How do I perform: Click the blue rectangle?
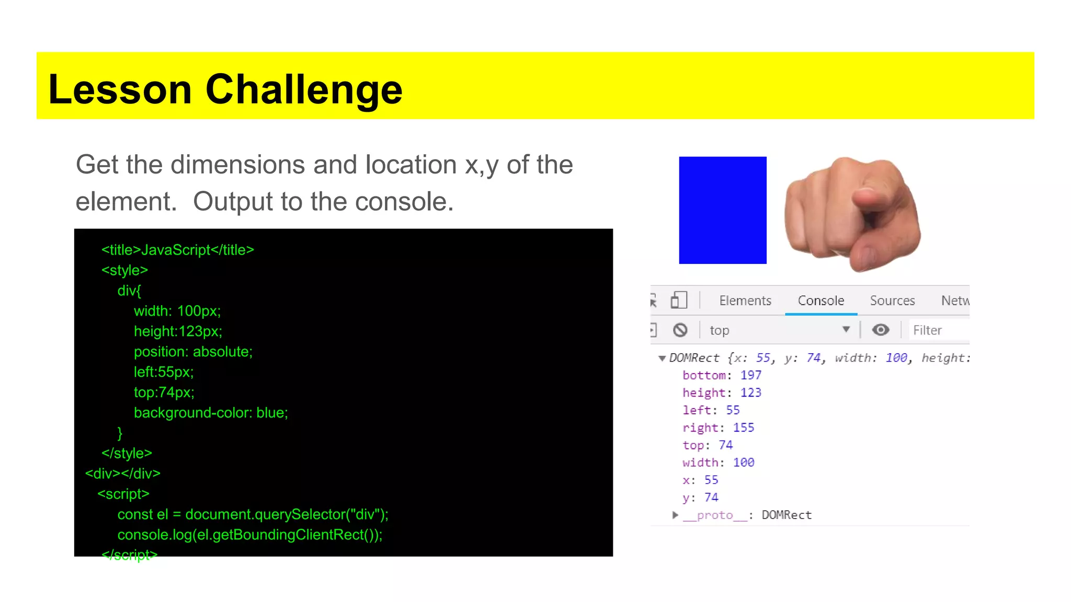(722, 210)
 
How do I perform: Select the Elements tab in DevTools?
(745, 300)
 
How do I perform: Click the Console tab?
(821, 300)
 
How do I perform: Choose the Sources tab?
(892, 300)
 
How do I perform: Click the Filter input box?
(939, 330)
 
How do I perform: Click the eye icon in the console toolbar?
(881, 330)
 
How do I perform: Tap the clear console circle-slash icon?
(680, 330)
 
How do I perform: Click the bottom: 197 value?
(750, 375)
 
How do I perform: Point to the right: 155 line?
(718, 427)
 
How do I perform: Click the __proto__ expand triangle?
(675, 515)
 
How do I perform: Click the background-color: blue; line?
(211, 413)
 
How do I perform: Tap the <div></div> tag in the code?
(123, 473)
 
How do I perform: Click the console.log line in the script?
(250, 535)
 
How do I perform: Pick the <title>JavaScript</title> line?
(178, 250)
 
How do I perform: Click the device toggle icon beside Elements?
(678, 300)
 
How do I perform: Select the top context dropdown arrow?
(846, 329)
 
